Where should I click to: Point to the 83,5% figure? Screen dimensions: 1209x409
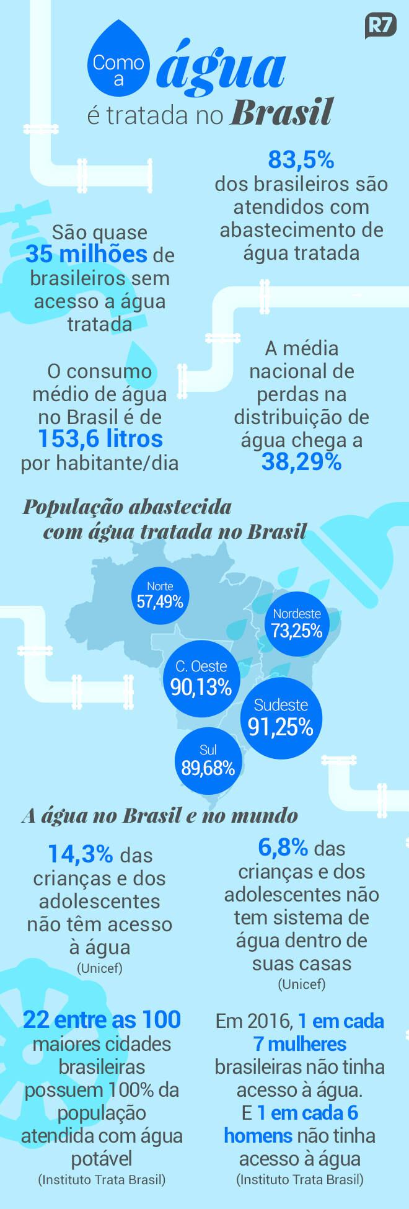(301, 160)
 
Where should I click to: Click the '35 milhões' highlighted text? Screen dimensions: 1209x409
(86, 254)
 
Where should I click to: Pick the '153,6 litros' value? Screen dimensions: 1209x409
(100, 439)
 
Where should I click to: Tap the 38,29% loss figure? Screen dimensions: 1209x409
(301, 462)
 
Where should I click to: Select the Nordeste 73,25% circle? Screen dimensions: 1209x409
(297, 623)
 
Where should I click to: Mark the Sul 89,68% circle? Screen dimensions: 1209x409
(208, 761)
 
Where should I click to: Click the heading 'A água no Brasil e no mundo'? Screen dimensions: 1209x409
(159, 815)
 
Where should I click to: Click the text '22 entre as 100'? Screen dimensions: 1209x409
(102, 1020)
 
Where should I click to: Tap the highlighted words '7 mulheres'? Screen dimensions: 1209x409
(299, 1044)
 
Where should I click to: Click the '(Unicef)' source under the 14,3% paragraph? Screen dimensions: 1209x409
(99, 968)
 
